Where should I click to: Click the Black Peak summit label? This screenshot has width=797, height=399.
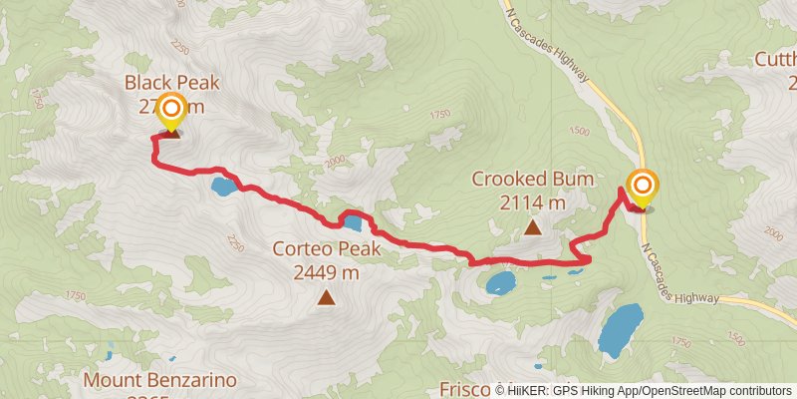click(171, 83)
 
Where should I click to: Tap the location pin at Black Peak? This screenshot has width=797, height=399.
click(171, 110)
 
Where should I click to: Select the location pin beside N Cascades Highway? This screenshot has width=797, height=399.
click(642, 187)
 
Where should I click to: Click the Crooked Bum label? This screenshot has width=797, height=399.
click(533, 180)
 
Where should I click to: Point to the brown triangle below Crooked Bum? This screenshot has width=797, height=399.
click(533, 227)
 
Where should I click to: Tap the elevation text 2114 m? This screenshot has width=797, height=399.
click(533, 202)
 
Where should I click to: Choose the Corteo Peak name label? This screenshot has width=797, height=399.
click(326, 248)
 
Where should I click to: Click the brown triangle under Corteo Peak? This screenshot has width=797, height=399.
click(326, 296)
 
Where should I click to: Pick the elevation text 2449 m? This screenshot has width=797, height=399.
click(326, 271)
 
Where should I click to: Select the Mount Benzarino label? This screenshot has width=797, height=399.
click(159, 379)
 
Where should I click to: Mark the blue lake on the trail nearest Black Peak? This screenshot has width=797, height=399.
click(223, 186)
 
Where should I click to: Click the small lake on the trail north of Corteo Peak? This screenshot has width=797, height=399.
click(351, 220)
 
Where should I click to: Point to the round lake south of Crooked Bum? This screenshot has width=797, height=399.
click(500, 283)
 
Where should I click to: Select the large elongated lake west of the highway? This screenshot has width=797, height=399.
click(621, 329)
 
